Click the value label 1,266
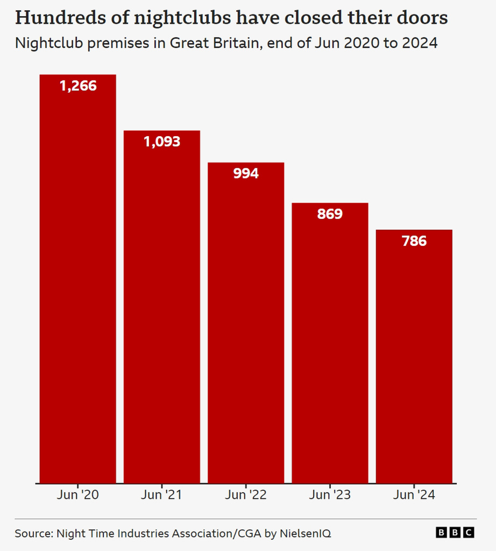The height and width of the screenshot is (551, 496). coord(78,86)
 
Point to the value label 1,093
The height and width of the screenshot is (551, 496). coord(162,142)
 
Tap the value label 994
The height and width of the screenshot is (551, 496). coord(246,173)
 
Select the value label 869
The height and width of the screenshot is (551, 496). coord(330,214)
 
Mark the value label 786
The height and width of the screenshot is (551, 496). coord(414,241)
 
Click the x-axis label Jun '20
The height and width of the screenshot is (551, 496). coord(78,495)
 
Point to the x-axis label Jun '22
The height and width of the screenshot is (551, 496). coord(246,495)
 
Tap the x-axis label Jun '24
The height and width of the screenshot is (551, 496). coord(414,495)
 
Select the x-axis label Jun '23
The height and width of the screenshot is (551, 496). coord(330,495)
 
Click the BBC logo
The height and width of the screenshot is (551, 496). coord(455,533)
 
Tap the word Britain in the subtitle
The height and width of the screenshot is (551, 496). coord(235,43)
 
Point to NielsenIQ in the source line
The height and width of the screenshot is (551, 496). coord(305,534)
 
